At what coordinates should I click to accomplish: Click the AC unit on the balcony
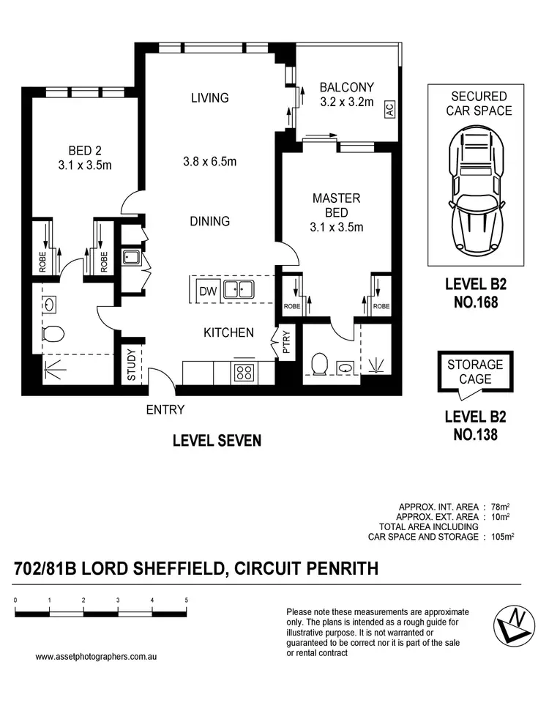pyautogui.click(x=389, y=110)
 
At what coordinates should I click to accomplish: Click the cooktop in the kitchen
pyautogui.click(x=243, y=372)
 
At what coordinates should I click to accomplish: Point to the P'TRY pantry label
pyautogui.click(x=285, y=343)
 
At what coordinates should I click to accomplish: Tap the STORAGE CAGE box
pyautogui.click(x=475, y=372)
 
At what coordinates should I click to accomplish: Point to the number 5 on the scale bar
pyautogui.click(x=187, y=600)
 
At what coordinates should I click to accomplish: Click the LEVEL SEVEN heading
pyautogui.click(x=217, y=441)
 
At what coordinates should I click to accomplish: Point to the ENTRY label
pyautogui.click(x=165, y=410)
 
